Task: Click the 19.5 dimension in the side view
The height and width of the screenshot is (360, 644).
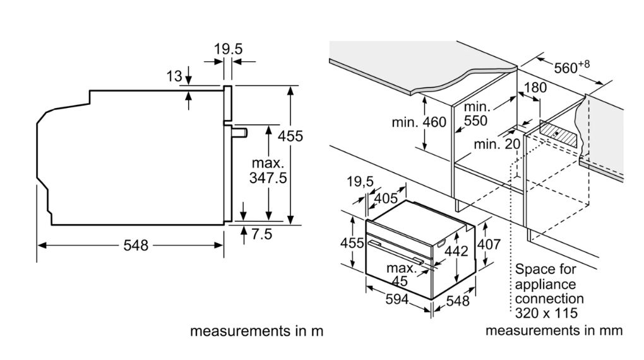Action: [228, 49]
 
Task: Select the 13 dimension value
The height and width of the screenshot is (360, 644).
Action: [174, 77]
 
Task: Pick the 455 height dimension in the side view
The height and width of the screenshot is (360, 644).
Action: [291, 136]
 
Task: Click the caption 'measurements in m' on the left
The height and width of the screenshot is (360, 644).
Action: [256, 331]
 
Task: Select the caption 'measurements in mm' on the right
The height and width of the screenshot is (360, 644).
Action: [554, 331]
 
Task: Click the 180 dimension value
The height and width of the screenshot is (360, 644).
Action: [535, 88]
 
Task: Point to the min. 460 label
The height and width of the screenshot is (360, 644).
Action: [419, 123]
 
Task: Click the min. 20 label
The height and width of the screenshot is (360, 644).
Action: [497, 144]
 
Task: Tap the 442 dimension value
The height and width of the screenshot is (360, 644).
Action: [455, 251]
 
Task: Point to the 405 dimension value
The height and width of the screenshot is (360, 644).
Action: [386, 198]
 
